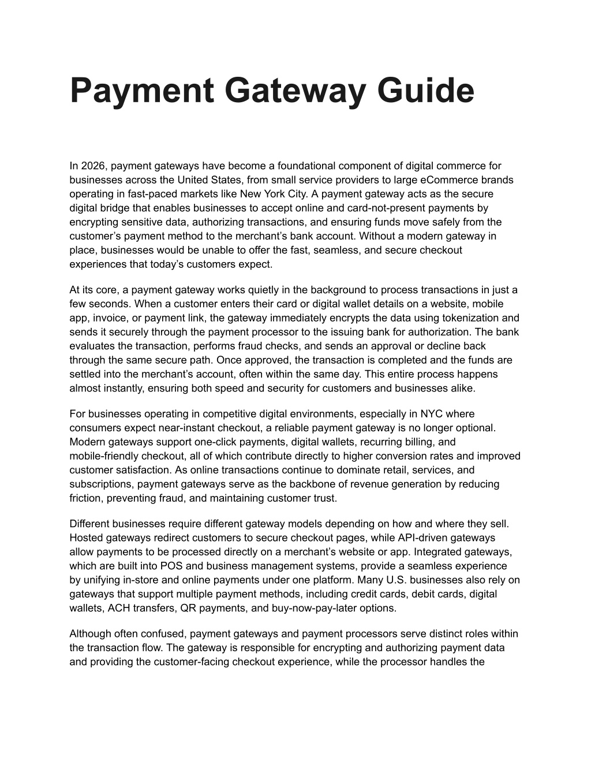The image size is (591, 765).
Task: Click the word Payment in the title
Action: (142, 91)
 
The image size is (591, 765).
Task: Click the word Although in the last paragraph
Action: (89, 634)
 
